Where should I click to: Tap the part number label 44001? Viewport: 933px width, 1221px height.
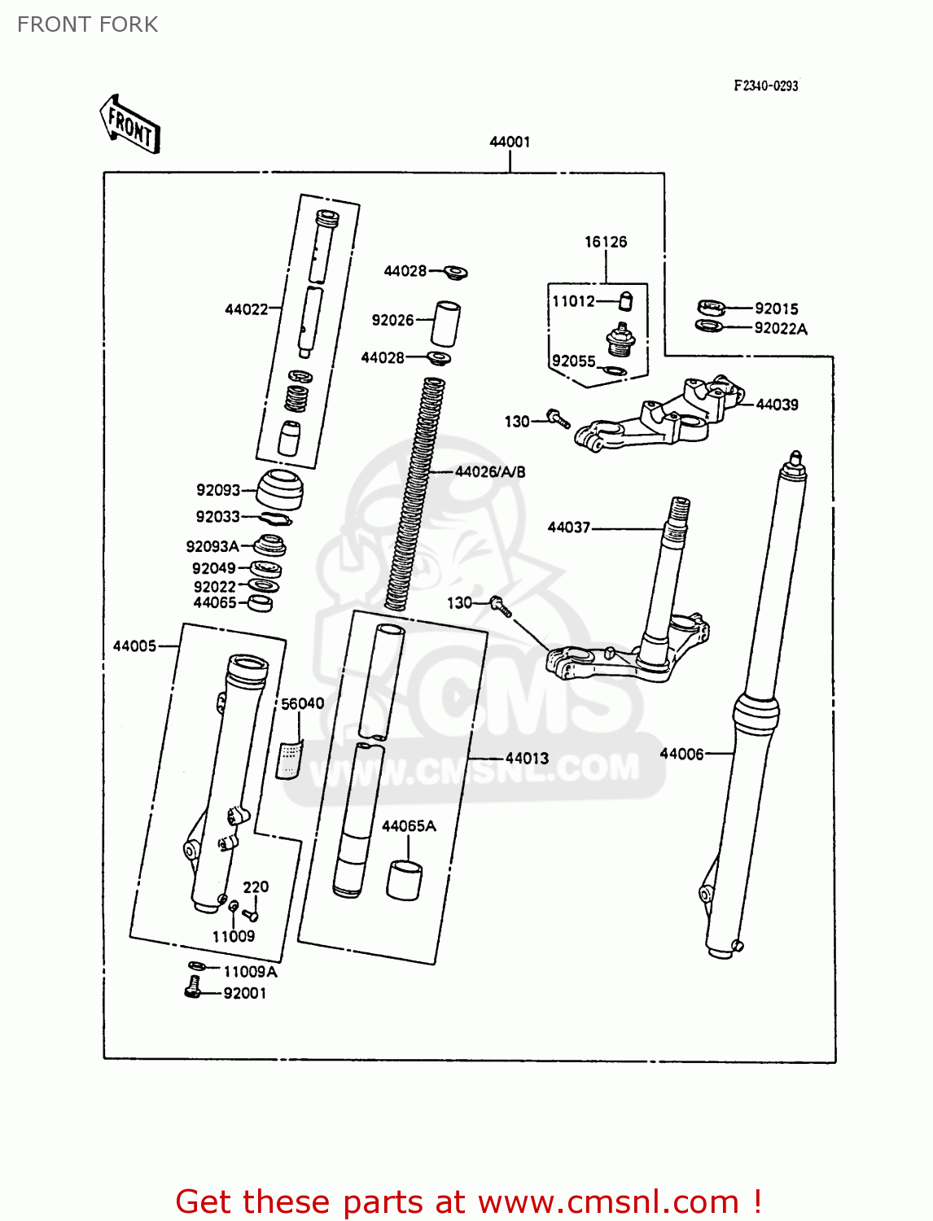coord(510,142)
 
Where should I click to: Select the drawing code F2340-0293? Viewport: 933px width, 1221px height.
coord(765,85)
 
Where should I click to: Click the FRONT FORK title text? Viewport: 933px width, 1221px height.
coord(87,24)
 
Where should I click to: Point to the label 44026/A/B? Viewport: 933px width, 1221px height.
coord(490,472)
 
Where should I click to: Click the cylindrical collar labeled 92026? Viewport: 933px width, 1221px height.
coord(445,324)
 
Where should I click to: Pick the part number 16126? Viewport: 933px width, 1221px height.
coord(606,242)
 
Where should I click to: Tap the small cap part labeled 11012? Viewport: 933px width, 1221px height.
coord(625,301)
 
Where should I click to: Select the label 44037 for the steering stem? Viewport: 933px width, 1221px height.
coord(569,527)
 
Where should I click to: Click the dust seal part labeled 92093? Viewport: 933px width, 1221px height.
coord(280,488)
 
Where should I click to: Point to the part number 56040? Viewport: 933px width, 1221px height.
coord(302,703)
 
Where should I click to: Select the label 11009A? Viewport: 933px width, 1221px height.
coord(250,972)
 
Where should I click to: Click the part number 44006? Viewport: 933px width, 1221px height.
coord(681,754)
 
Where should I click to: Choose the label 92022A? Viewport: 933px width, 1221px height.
coord(780,329)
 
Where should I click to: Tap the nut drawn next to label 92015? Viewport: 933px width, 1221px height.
coord(712,308)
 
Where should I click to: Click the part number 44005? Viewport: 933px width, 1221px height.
coord(134,646)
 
